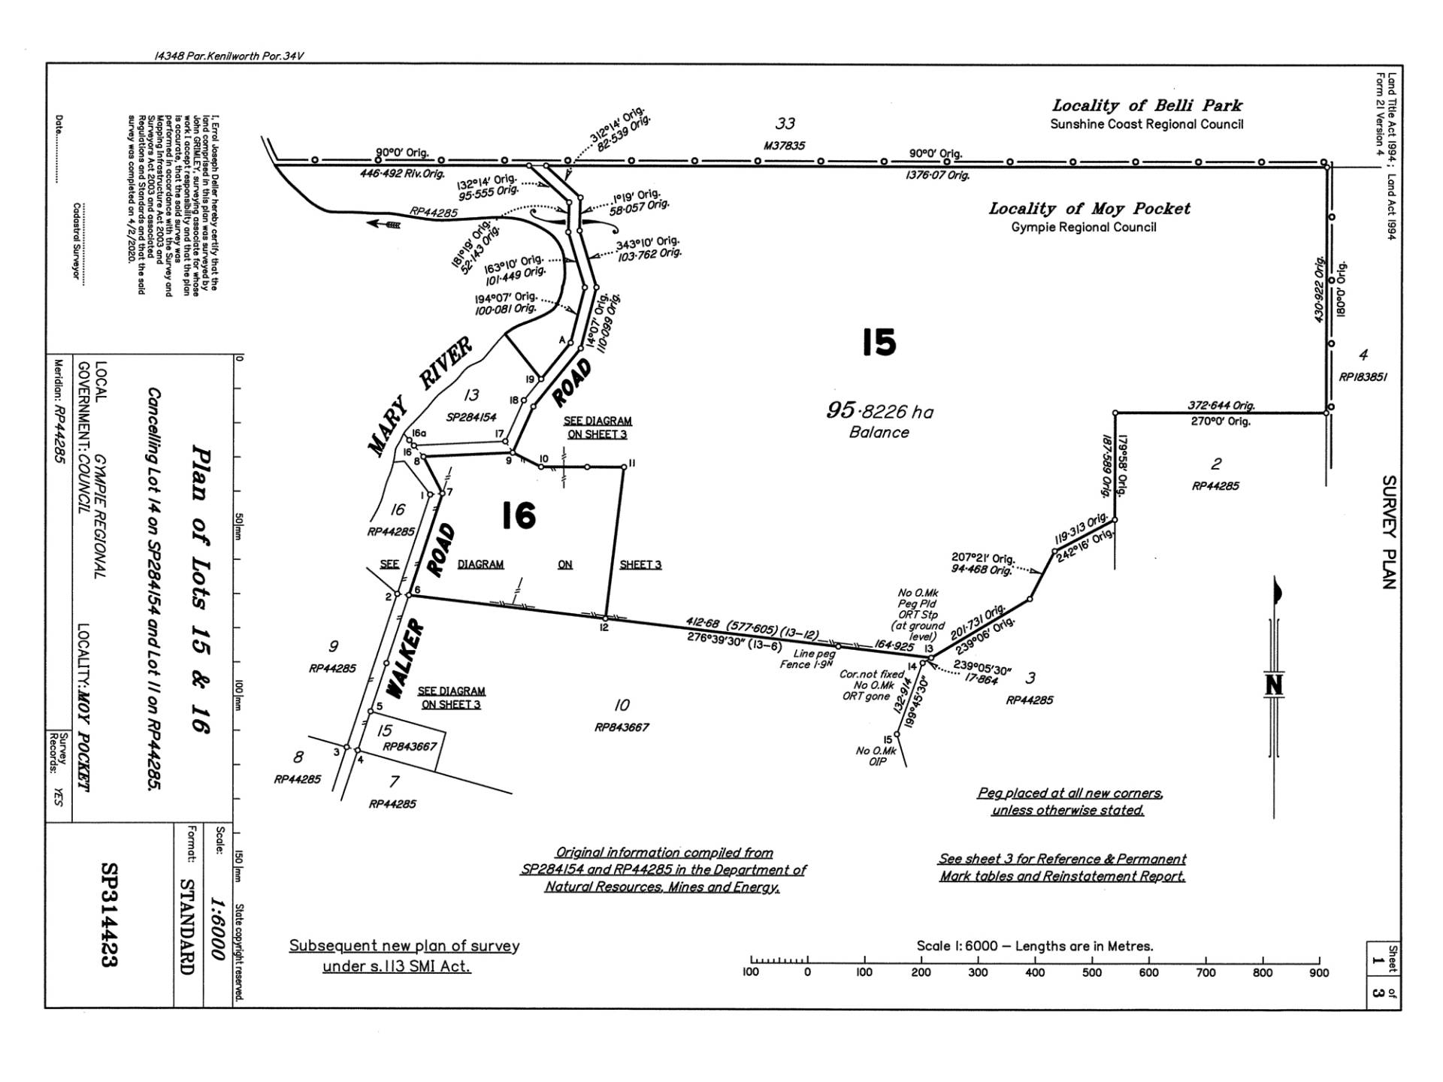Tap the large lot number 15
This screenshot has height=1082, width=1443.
coord(879,343)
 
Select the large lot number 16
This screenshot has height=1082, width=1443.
coord(519,516)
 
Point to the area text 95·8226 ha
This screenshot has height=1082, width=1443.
coord(879,411)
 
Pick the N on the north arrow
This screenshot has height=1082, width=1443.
coord(1274,685)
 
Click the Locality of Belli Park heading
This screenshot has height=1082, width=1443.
coord(1146,106)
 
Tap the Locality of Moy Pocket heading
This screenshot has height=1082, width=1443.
coord(1089,209)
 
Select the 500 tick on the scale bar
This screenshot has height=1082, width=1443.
coord(1091,972)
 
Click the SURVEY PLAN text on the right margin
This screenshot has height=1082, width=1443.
coord(1389,532)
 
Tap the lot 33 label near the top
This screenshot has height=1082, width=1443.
coord(785,123)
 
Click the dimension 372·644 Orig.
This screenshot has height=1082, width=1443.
coord(1221,406)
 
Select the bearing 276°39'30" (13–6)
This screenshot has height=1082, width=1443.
coord(734,641)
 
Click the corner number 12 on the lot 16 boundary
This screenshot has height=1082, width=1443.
coord(604,627)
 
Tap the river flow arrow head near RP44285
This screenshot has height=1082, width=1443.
coord(374,223)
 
